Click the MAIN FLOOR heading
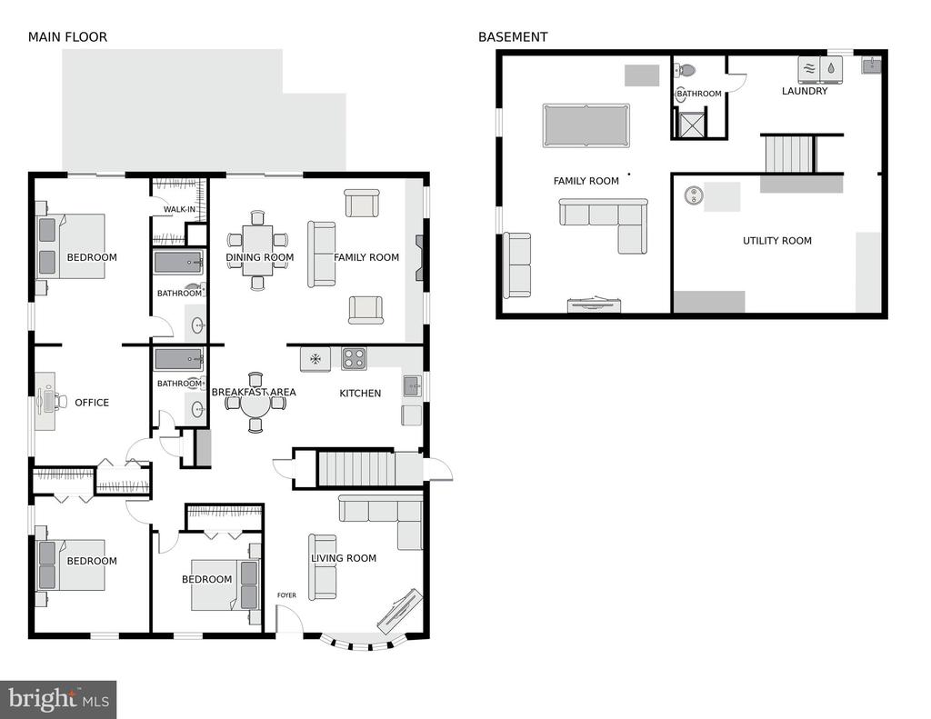pyautogui.click(x=67, y=36)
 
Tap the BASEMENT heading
pyautogui.click(x=513, y=36)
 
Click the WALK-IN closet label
pyautogui.click(x=179, y=210)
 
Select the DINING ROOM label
pyautogui.click(x=259, y=257)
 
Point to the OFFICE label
pyautogui.click(x=92, y=403)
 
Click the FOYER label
pyautogui.click(x=286, y=594)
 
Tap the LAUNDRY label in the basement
pyautogui.click(x=805, y=91)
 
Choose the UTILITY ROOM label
pyautogui.click(x=777, y=241)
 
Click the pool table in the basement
pyautogui.click(x=586, y=125)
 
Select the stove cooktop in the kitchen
pyautogui.click(x=354, y=359)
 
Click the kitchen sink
pyautogui.click(x=412, y=386)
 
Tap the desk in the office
pyautogui.click(x=45, y=401)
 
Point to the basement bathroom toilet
pyautogui.click(x=685, y=70)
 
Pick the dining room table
pyautogui.click(x=257, y=250)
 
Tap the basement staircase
pyautogui.click(x=788, y=154)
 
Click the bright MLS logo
pyautogui.click(x=58, y=699)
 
